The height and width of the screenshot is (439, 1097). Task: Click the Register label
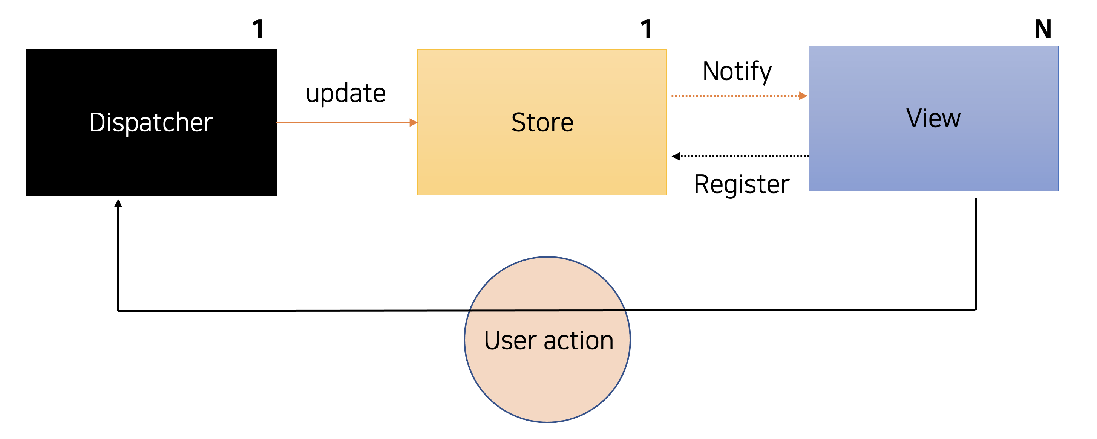(742, 184)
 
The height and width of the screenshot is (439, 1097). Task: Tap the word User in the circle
(510, 340)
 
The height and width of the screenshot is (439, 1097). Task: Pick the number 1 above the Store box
(646, 29)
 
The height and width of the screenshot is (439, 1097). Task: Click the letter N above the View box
(1043, 29)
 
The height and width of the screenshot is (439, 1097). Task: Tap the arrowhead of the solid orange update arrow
(413, 122)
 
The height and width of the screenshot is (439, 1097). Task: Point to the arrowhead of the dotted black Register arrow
(676, 156)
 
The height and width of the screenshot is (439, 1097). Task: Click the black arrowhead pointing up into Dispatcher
(118, 204)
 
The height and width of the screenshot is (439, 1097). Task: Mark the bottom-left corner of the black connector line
(118, 311)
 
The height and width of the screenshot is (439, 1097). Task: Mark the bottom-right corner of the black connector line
(975, 310)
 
